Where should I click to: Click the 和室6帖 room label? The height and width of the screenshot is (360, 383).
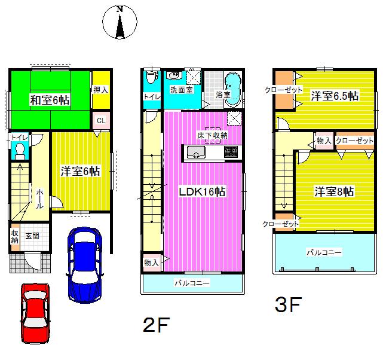click(x=50, y=100)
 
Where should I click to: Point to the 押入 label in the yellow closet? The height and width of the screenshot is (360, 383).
click(x=101, y=90)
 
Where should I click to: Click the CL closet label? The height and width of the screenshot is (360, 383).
click(x=101, y=120)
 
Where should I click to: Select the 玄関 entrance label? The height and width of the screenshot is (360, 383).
click(x=32, y=237)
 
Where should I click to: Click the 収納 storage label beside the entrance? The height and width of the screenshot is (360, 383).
click(x=15, y=237)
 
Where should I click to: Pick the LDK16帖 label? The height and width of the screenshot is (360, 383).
click(x=203, y=192)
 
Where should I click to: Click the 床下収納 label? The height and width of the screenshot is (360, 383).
click(x=212, y=136)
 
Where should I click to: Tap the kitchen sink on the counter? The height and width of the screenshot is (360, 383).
click(x=196, y=154)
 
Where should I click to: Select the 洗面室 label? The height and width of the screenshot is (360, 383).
click(x=180, y=90)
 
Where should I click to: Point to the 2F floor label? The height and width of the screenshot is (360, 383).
click(x=157, y=325)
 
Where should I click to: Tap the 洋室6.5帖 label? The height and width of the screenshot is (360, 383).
click(x=334, y=95)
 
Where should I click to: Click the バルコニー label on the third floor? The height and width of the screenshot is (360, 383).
click(x=324, y=252)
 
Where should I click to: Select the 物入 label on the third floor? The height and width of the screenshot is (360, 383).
click(x=324, y=141)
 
